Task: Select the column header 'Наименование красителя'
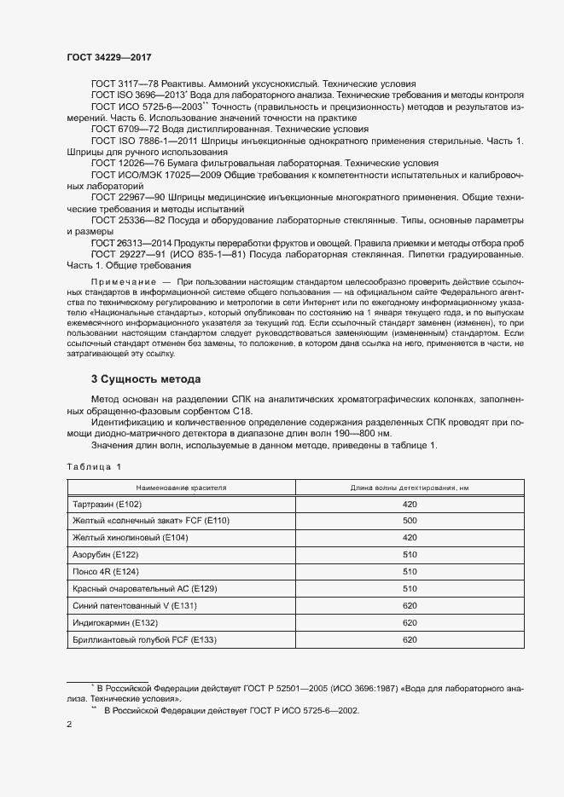pyautogui.click(x=180, y=488)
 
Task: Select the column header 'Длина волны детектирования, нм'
pyautogui.click(x=409, y=488)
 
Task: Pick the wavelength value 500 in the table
pyautogui.click(x=409, y=521)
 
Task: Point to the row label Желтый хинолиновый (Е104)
pyautogui.click(x=131, y=538)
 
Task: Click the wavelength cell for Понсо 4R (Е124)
pyautogui.click(x=409, y=572)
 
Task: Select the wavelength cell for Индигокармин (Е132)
pyautogui.click(x=409, y=623)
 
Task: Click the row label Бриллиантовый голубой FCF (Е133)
pyautogui.click(x=145, y=640)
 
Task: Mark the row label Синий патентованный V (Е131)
pyautogui.click(x=135, y=606)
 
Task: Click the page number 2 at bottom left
pyautogui.click(x=69, y=725)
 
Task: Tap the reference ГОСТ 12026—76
pyautogui.click(x=122, y=163)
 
